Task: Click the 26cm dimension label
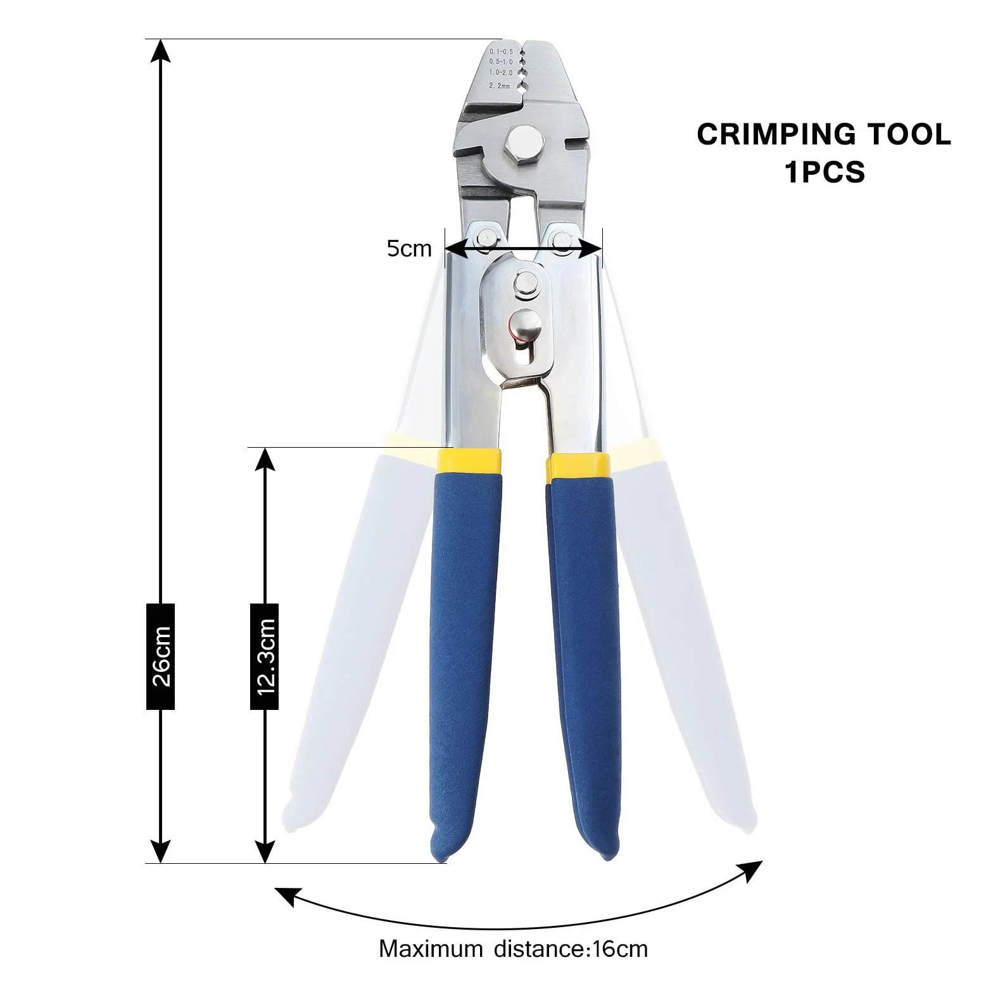pos(161,656)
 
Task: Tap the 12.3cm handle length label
pos(265,656)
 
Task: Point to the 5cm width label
pos(409,248)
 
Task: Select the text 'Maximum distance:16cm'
pos(514,949)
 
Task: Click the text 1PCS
pos(825,172)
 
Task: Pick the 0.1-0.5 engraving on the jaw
pos(501,51)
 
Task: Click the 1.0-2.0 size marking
pos(500,73)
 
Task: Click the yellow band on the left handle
pos(469,461)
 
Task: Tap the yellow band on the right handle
pos(578,466)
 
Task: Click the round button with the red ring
pos(524,327)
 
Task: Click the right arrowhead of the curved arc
pos(752,871)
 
